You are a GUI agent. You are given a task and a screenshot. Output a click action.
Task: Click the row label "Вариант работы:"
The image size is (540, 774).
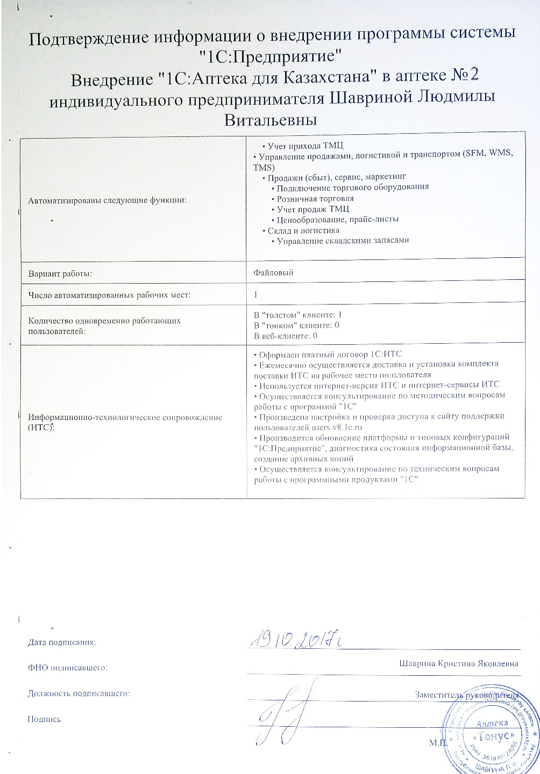point(60,273)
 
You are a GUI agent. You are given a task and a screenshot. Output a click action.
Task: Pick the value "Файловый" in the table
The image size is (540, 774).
point(273,273)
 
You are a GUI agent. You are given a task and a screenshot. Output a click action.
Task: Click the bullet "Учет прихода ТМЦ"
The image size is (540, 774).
point(302,146)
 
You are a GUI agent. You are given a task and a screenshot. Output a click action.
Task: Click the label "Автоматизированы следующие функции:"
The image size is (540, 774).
point(108,200)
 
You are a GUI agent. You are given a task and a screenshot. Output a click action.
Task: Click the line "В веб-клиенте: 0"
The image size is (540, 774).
point(286,336)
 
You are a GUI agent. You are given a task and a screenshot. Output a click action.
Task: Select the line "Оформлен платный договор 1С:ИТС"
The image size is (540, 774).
point(328,354)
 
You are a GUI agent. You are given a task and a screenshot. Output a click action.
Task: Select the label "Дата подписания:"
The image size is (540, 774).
point(62,642)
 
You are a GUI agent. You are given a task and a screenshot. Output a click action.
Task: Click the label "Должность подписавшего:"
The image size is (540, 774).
point(79,693)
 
